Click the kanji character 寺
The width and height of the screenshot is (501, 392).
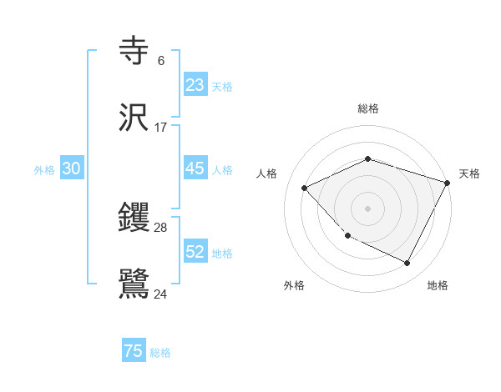point(134,50)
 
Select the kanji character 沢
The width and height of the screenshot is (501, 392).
point(134,117)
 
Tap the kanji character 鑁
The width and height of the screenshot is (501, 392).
point(134,218)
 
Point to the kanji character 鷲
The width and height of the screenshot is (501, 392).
point(134,284)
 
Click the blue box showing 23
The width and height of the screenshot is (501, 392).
point(195,84)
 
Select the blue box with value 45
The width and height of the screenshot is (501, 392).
point(195,168)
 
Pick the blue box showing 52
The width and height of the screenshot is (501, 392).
point(195,252)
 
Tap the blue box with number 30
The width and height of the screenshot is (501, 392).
point(72,168)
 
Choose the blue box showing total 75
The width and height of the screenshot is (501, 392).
point(134,351)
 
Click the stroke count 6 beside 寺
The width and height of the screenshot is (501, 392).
point(161,60)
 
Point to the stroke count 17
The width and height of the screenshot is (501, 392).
point(161,127)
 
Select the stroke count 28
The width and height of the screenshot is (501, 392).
point(161,227)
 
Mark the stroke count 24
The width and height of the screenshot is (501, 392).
point(161,294)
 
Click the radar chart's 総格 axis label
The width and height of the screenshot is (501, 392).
point(368,108)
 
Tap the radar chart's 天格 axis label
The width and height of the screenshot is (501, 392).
point(469,173)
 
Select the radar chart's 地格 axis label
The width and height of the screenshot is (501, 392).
point(438,285)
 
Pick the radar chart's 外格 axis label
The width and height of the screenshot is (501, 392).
point(294,285)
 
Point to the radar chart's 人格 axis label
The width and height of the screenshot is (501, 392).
point(267,173)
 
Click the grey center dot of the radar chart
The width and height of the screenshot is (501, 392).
point(367,208)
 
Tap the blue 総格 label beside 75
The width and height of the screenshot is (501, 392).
point(160,353)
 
